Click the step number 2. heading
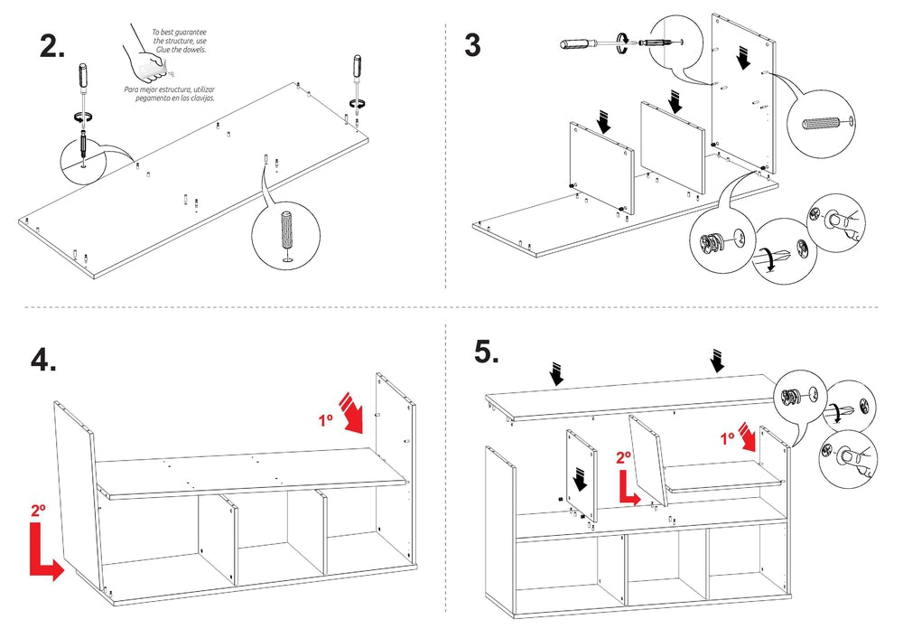52,47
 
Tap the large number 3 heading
472,45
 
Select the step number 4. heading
43,360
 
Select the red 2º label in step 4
38,511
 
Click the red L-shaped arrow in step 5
627,488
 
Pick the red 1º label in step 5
727,438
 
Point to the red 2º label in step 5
624,458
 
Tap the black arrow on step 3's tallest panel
744,58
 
